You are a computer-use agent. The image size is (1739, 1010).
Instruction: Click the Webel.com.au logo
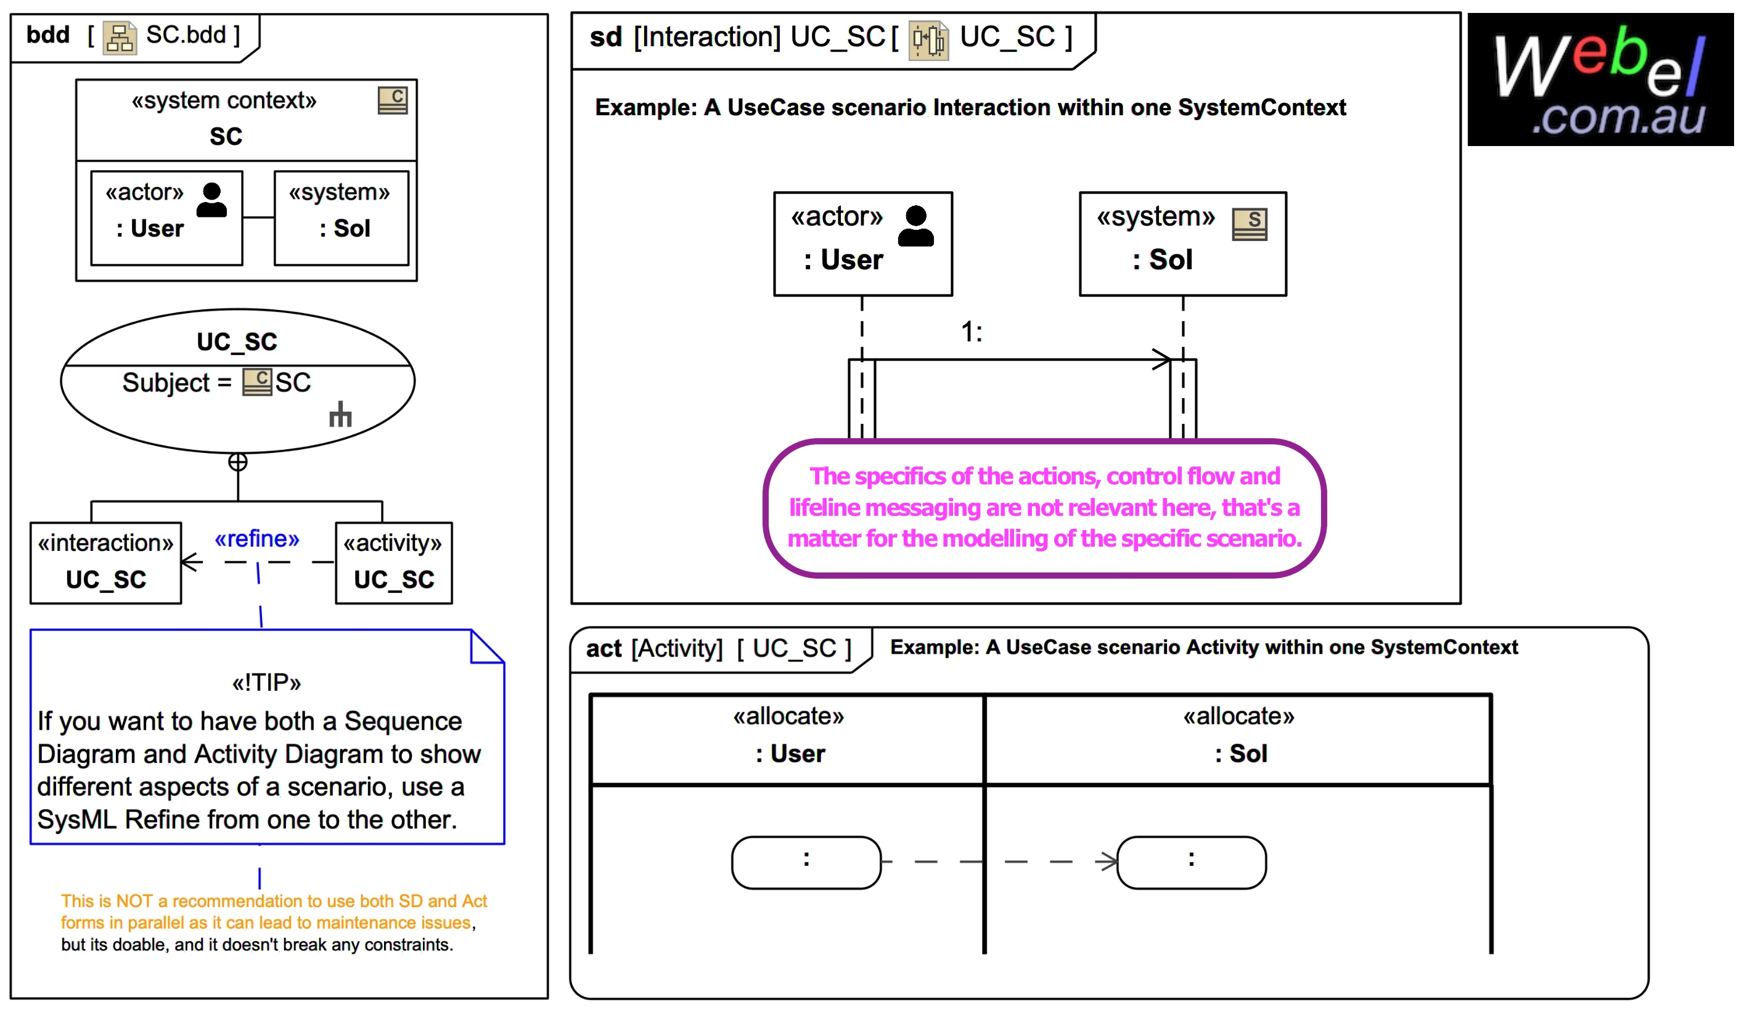(1599, 79)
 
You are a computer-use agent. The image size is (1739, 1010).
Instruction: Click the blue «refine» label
(256, 539)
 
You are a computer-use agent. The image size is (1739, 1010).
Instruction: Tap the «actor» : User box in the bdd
(166, 218)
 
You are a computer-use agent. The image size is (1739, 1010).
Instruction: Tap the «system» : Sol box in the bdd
(341, 218)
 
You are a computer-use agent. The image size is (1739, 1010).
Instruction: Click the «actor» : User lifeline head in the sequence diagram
(862, 243)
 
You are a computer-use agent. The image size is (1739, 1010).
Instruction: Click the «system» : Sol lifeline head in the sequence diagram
(1182, 243)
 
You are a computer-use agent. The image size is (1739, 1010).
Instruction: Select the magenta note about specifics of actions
(1044, 507)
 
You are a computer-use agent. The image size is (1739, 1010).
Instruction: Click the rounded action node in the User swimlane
(806, 862)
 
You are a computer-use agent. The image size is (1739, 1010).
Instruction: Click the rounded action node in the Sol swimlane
(1191, 862)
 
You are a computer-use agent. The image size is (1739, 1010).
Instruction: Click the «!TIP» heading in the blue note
(266, 683)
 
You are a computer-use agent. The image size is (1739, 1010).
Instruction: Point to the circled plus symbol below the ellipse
(237, 462)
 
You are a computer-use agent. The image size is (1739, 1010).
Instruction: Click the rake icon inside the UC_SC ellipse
(340, 415)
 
